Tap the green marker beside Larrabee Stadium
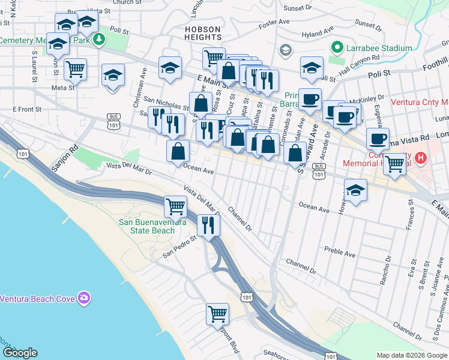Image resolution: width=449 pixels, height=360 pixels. click(x=337, y=48)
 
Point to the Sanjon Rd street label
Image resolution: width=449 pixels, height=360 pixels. click(x=64, y=157)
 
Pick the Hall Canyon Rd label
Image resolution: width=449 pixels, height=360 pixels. click(x=360, y=58)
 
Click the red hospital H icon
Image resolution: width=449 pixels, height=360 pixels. click(x=421, y=158)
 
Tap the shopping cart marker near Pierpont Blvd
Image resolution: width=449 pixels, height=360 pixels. click(x=217, y=313)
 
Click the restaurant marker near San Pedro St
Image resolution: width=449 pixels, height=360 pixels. click(x=208, y=224)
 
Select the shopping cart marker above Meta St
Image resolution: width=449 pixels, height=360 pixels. click(x=75, y=69)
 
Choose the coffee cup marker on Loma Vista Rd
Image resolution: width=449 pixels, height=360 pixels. click(x=378, y=139)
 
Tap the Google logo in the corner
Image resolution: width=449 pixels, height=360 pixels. click(x=20, y=353)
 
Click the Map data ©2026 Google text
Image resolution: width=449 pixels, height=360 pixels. click(x=411, y=355)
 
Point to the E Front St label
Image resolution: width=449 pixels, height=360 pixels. click(x=27, y=109)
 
